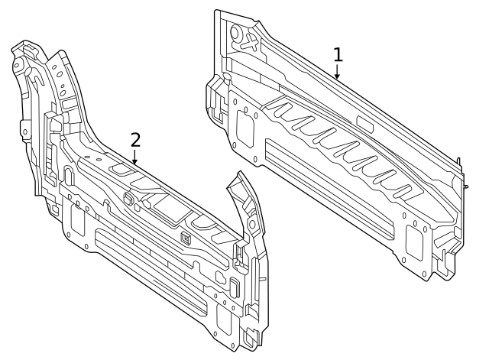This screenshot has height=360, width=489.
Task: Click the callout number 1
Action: pyautogui.click(x=338, y=54)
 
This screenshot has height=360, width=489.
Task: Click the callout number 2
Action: pyautogui.click(x=135, y=139)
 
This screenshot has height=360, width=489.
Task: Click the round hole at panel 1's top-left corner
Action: pyautogui.click(x=235, y=33)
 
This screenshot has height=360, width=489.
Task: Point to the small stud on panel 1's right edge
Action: pyautogui.click(x=465, y=186)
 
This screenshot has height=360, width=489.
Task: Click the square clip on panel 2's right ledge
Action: pyautogui.click(x=186, y=237)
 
